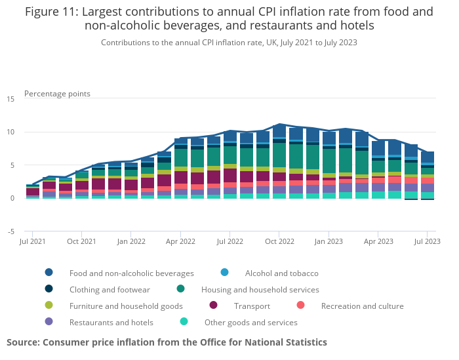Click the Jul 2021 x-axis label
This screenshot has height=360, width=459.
coord(33,241)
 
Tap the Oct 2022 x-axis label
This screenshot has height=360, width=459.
coord(279,241)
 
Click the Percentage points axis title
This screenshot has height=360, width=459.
coord(57,94)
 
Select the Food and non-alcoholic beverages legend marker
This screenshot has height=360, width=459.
coord(49,273)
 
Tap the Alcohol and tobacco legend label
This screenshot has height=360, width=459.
coord(281,273)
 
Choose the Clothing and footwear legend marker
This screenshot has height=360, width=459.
coord(49,289)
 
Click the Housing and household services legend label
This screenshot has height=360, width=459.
coord(260,289)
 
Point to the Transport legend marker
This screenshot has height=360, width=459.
coord(213,306)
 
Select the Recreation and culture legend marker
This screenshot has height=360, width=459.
coord(300,306)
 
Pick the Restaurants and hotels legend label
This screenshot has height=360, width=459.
coord(111,322)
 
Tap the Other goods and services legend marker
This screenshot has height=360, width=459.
coord(184,322)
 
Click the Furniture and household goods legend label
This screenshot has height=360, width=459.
coord(126,306)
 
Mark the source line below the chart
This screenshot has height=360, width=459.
coord(167,342)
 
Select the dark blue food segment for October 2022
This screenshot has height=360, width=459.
coord(279,131)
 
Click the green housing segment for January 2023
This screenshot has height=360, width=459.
coord(329,161)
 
